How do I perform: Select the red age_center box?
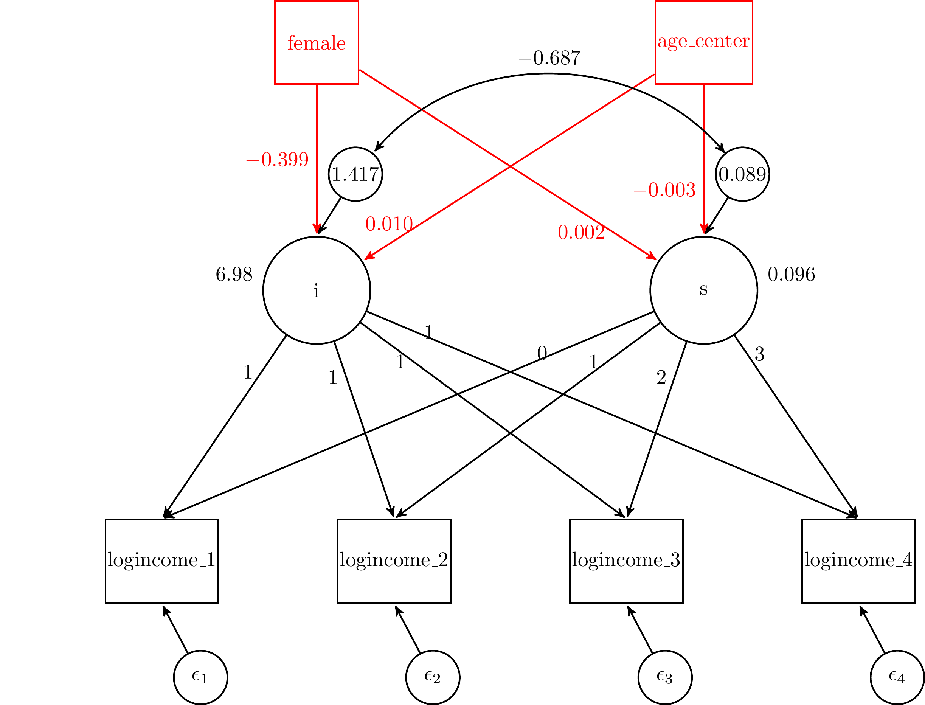coord(703,42)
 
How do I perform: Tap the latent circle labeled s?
coord(703,290)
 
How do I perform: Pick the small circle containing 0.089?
coord(742,174)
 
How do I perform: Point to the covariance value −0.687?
coord(549,58)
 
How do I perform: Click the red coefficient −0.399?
coord(277,160)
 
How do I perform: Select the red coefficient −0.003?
coord(664,190)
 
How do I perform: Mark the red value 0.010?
coord(389,224)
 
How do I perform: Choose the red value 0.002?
coord(581,233)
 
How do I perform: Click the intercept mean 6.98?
coord(234,275)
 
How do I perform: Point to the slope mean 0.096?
coord(791,275)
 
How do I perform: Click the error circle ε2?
coord(433,677)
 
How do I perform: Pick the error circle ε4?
coord(897,677)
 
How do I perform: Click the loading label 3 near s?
coord(759,354)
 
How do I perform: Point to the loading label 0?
coord(542,353)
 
